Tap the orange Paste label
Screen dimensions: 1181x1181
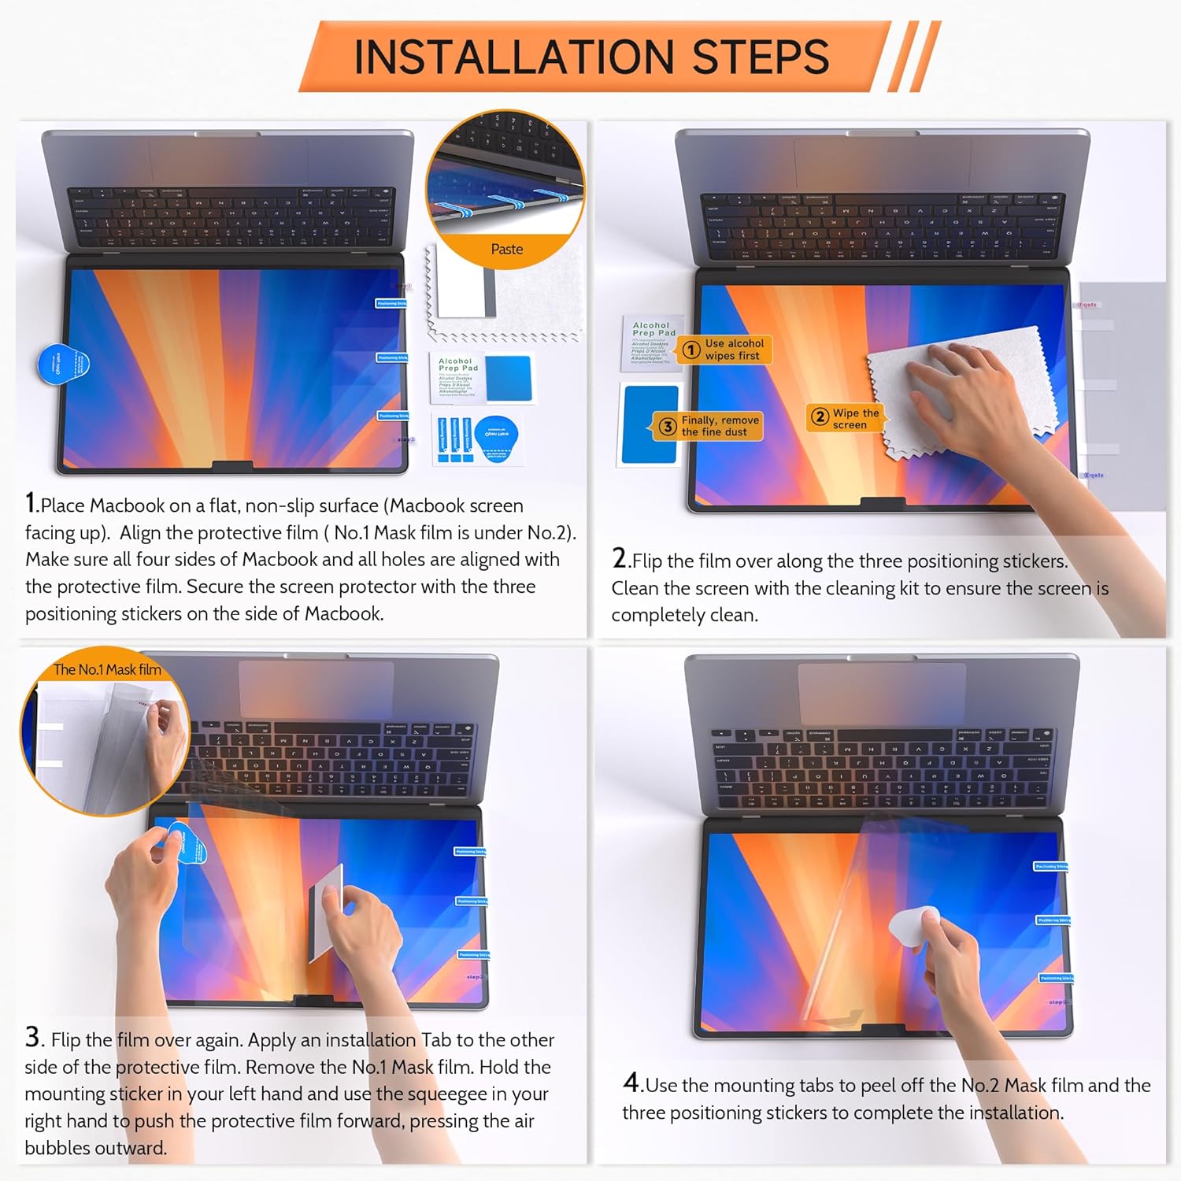coord(506,250)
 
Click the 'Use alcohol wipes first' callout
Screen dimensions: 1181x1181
coord(726,350)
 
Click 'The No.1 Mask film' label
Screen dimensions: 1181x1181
coord(106,670)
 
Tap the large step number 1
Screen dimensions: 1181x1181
coord(31,502)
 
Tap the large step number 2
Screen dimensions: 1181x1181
coord(620,557)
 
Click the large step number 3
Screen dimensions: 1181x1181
coord(32,1036)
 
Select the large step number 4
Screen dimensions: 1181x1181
coord(631,1082)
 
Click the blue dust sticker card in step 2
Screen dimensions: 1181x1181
coord(650,425)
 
